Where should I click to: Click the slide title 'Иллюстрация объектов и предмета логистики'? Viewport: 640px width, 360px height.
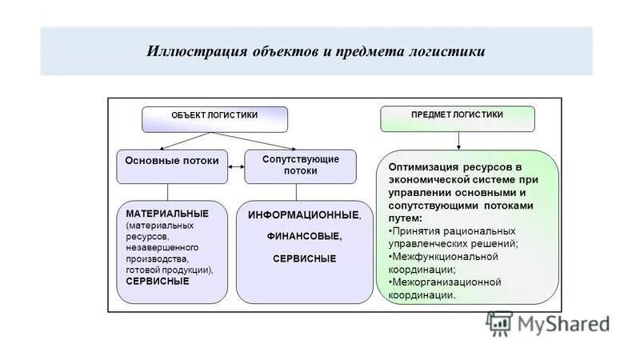[316, 51]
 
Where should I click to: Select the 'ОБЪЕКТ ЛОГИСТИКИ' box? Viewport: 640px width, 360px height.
[214, 118]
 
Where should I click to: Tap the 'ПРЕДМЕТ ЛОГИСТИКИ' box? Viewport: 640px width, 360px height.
[457, 118]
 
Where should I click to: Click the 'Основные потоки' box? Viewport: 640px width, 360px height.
[171, 161]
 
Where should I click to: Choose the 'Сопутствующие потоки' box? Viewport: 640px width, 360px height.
[301, 165]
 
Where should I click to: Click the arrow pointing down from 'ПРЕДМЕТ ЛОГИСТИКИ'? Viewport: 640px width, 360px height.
[458, 140]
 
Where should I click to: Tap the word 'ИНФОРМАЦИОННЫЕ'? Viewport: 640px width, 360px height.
[303, 216]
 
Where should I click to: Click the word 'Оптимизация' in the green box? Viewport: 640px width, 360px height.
[422, 167]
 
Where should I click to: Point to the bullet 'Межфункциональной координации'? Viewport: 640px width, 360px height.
[445, 262]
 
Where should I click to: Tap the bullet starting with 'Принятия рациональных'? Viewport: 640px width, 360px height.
[453, 237]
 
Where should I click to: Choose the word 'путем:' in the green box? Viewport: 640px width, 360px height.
[406, 218]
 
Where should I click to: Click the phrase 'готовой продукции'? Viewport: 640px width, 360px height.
[166, 270]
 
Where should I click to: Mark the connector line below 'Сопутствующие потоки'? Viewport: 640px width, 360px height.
[297, 192]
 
